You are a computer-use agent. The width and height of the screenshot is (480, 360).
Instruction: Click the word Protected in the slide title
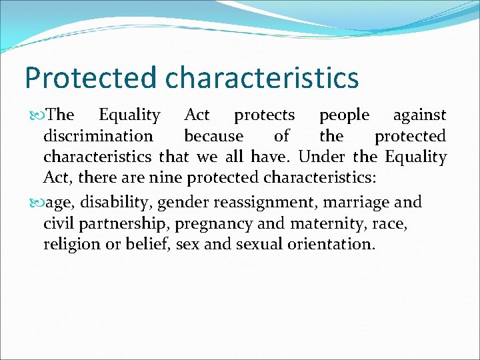tap(91, 77)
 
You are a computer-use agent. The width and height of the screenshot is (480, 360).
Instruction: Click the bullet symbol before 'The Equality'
tap(35, 115)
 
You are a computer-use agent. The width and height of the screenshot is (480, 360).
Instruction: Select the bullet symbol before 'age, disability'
tap(35, 201)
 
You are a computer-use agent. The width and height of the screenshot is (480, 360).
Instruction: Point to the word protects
tap(264, 115)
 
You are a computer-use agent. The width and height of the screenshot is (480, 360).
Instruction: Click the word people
tap(344, 115)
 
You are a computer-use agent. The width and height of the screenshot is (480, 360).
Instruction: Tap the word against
tap(419, 115)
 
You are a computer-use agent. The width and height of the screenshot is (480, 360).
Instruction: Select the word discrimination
tap(98, 137)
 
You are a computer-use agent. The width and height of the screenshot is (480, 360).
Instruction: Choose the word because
tap(214, 137)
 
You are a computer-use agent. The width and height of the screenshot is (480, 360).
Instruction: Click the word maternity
tap(313, 223)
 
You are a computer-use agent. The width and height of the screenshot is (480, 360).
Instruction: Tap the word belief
tap(148, 244)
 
